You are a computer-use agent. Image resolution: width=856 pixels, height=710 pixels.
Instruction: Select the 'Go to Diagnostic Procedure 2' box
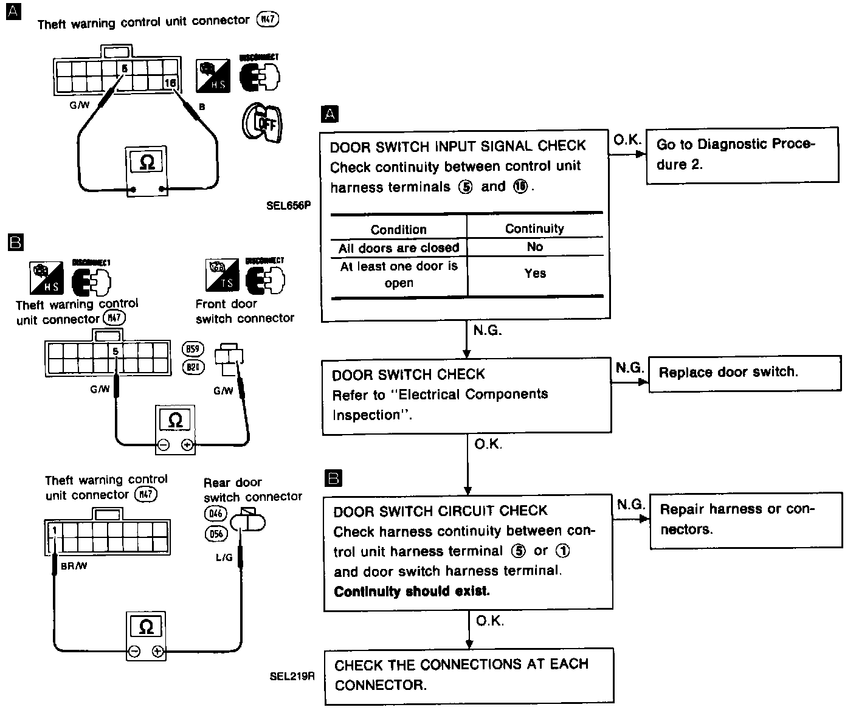point(742,154)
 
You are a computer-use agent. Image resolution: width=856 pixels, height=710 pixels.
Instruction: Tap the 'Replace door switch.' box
point(745,372)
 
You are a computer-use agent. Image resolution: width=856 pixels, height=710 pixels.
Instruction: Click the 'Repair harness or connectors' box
point(746,519)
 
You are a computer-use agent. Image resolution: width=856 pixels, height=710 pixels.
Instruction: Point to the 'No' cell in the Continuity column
point(535,247)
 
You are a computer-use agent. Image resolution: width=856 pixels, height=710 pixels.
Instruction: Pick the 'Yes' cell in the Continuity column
point(535,274)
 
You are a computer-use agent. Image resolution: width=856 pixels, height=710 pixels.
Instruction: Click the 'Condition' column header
point(399,229)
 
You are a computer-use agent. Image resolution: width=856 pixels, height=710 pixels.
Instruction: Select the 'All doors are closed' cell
point(399,248)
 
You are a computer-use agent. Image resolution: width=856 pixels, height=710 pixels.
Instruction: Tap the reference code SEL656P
point(288,205)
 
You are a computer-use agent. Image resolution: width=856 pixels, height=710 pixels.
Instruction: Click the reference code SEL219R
point(292,676)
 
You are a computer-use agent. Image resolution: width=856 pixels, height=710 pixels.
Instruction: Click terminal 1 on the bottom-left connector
point(54,530)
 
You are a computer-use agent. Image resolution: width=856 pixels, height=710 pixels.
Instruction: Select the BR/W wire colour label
point(74,567)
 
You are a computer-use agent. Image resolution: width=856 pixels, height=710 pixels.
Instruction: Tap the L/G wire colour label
point(224,557)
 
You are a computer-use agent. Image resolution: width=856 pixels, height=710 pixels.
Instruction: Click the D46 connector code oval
point(215,514)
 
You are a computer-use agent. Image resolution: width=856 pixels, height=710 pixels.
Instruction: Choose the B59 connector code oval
point(193,349)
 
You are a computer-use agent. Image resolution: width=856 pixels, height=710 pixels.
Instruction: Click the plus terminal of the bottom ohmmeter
point(158,652)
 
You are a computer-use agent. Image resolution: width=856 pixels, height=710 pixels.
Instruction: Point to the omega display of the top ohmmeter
point(147,162)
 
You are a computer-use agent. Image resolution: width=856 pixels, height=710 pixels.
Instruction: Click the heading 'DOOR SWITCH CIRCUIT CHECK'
point(440,511)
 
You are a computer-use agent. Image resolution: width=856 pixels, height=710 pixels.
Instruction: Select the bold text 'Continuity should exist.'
point(412,591)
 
